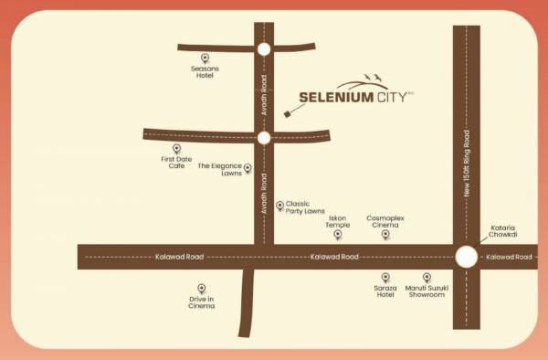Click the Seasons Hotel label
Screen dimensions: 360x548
click(204, 72)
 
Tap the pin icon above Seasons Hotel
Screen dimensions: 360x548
click(205, 58)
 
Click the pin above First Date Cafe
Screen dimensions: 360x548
click(176, 148)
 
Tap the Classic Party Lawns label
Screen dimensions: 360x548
click(305, 207)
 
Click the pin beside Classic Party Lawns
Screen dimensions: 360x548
click(279, 206)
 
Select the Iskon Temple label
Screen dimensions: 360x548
click(338, 221)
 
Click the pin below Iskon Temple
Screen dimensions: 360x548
click(338, 236)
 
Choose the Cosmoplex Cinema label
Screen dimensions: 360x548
click(385, 221)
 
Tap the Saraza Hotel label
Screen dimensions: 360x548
click(385, 291)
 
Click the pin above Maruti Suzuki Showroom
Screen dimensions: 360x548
click(427, 277)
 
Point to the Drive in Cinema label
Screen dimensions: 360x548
click(202, 302)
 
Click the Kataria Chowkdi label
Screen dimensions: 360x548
click(503, 229)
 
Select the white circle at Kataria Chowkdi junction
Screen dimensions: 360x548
click(466, 257)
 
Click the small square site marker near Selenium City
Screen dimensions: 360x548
click(286, 114)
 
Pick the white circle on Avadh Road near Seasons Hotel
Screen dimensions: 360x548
click(264, 49)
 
